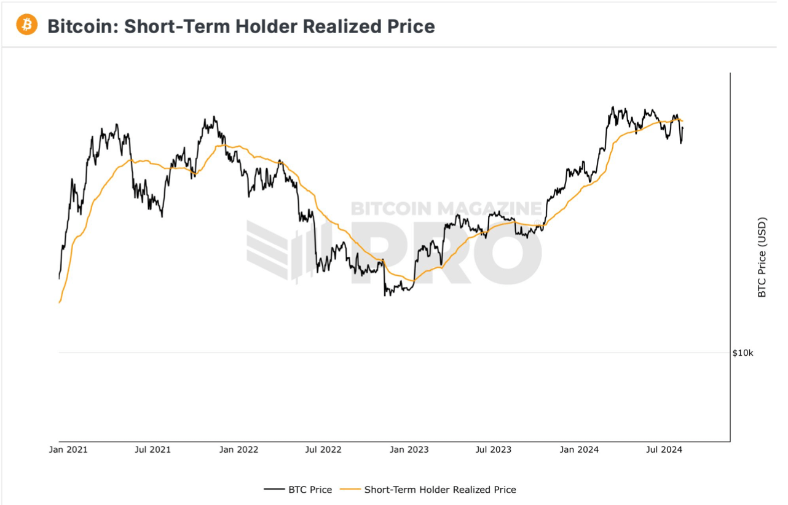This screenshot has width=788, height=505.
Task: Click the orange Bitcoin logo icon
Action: click(x=27, y=25)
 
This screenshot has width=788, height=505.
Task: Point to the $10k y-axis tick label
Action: click(x=743, y=353)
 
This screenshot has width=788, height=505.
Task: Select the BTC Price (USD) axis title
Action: click(x=762, y=257)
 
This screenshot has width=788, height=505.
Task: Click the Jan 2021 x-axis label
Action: click(x=68, y=450)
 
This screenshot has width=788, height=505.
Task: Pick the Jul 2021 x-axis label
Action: click(x=152, y=450)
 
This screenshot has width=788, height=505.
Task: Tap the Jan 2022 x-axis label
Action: click(x=239, y=450)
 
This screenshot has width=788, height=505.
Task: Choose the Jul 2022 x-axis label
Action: click(x=323, y=450)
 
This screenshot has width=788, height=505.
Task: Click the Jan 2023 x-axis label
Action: click(x=409, y=450)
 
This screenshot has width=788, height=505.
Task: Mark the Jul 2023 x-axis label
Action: click(x=493, y=450)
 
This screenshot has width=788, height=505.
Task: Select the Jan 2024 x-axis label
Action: click(x=579, y=450)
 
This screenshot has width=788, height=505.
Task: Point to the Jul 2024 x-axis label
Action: click(x=663, y=450)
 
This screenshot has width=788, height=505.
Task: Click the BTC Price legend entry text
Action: click(x=310, y=490)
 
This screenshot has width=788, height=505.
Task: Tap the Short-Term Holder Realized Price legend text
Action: click(x=440, y=490)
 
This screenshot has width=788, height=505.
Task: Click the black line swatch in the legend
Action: click(x=274, y=490)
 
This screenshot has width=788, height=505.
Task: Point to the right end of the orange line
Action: click(x=683, y=121)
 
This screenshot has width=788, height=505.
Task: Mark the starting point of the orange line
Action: click(x=59, y=302)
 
